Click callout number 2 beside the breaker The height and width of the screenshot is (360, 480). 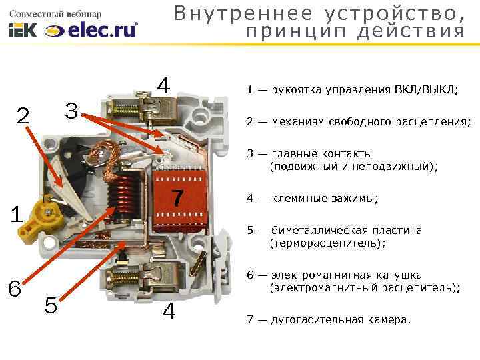(23, 115)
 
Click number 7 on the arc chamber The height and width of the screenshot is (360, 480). (177, 198)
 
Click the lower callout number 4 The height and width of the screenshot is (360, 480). (170, 312)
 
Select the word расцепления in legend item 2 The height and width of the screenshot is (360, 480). (433, 122)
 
